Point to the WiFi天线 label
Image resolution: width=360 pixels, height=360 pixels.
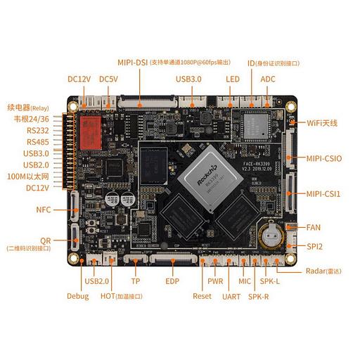pos(322,123)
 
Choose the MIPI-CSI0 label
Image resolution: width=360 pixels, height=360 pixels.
pos(323,159)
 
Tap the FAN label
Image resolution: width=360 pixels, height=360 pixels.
pos(313,227)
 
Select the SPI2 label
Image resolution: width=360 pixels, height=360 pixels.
pos(314,247)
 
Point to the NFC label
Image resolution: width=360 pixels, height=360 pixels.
pos(44,210)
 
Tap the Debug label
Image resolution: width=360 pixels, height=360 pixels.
pos(77,296)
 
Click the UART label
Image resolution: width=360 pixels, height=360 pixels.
pos(231,296)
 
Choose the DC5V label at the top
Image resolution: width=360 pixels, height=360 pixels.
pos(108,79)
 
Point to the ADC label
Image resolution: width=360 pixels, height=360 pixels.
pos(268,79)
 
